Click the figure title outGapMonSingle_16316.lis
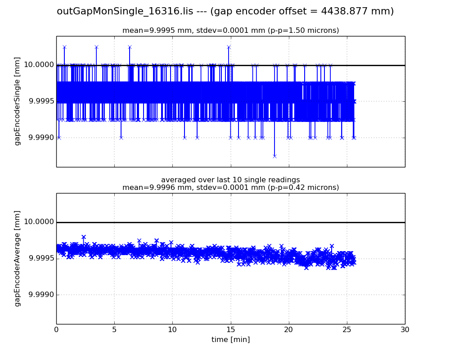(x=225, y=11)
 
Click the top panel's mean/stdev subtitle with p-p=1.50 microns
(x=230, y=31)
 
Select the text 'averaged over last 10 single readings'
(x=230, y=180)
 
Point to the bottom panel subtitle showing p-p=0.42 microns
(x=230, y=188)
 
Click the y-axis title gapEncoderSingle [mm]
(x=18, y=101)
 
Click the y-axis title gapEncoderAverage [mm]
(x=18, y=258)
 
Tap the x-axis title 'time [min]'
(x=230, y=340)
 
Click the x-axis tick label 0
(x=56, y=330)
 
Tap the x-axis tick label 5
(x=114, y=330)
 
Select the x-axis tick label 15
(x=230, y=330)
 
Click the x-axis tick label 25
(x=347, y=330)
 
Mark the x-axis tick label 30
(x=405, y=330)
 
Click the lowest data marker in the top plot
(x=274, y=156)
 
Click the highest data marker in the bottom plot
(x=84, y=237)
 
